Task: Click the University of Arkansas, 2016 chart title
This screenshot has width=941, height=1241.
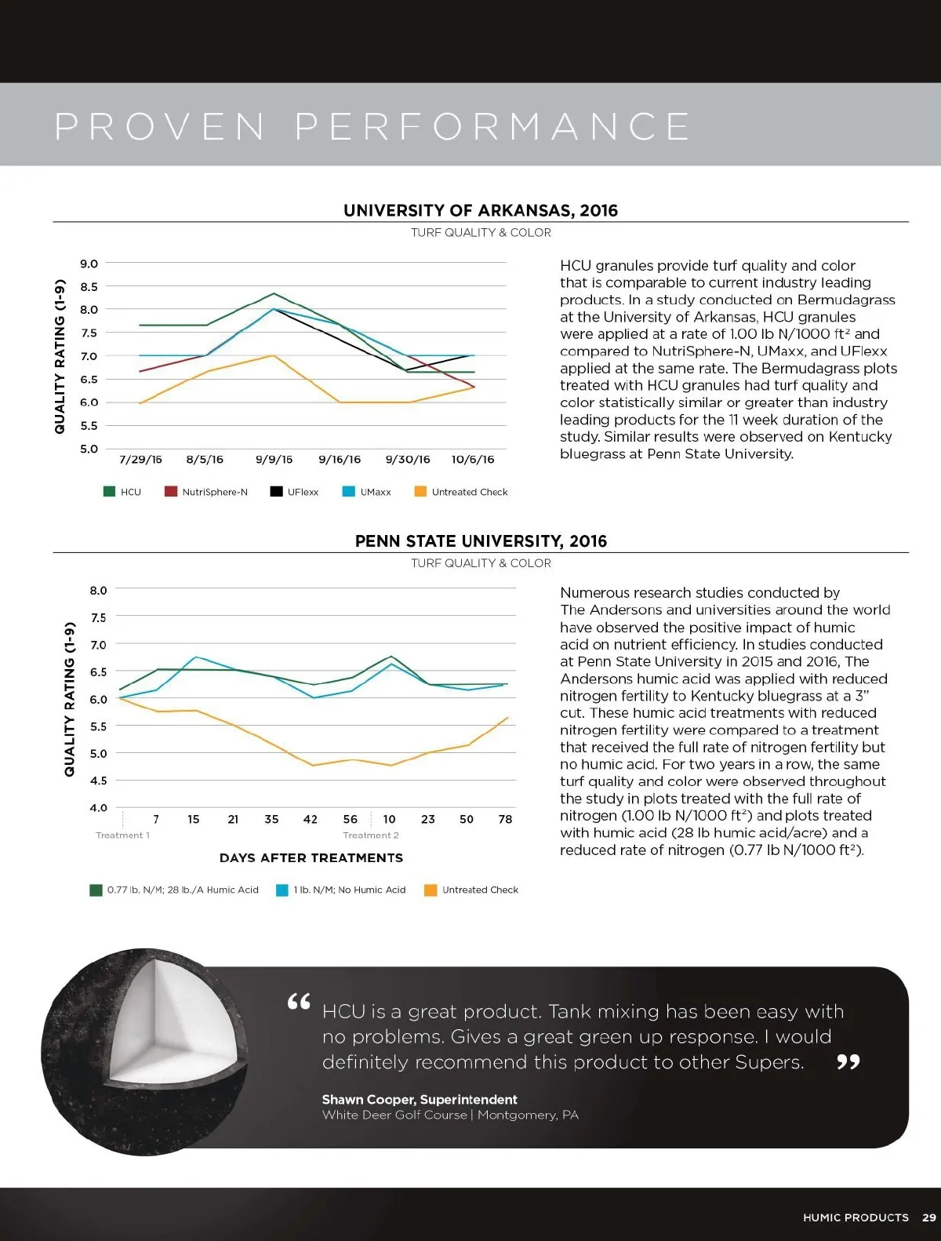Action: (480, 210)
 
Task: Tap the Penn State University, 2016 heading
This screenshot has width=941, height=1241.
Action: (481, 541)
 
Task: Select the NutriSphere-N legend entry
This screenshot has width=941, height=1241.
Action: (206, 492)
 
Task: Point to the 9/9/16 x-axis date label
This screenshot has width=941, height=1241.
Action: (274, 460)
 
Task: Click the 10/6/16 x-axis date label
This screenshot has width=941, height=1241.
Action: (473, 460)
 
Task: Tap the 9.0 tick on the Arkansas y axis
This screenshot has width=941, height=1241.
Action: (89, 264)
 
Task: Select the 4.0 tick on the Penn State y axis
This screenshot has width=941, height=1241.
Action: (98, 807)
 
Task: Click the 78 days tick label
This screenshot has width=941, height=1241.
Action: (505, 819)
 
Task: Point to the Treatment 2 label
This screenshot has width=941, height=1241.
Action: (371, 835)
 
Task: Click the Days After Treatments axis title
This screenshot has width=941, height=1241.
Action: (311, 858)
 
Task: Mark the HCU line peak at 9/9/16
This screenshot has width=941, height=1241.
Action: (274, 293)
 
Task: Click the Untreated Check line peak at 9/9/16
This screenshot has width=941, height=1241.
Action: (273, 355)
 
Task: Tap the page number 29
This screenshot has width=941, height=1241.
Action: (929, 1217)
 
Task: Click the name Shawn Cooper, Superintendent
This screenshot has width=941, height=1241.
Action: (420, 1100)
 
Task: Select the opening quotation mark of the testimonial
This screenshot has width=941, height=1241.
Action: (299, 1002)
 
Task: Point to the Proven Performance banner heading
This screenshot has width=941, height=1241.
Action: (372, 126)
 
